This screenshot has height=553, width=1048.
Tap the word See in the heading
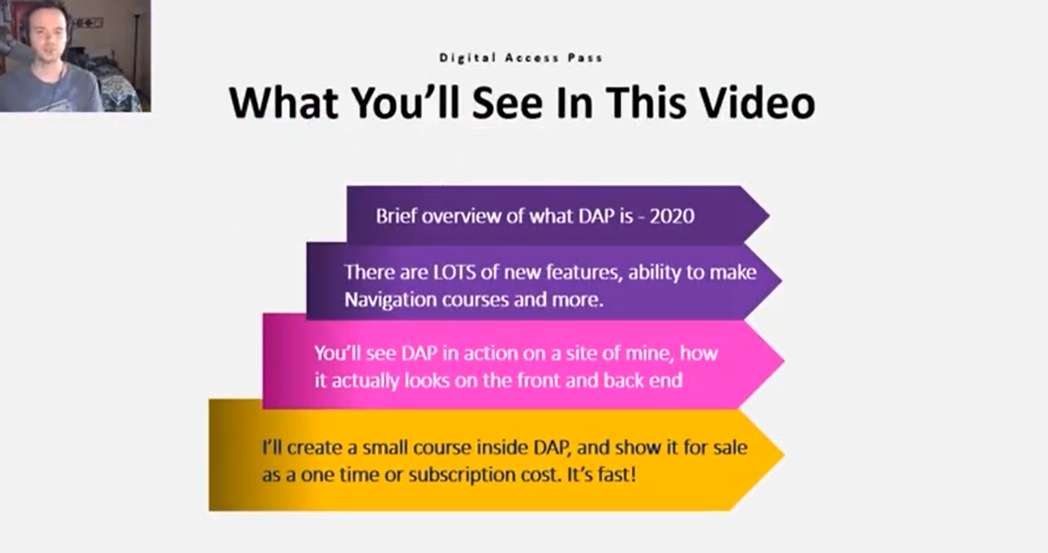[508, 102]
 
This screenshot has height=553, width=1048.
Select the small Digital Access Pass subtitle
[520, 57]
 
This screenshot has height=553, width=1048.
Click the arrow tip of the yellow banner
[784, 454]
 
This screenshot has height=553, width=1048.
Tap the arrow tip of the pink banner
[784, 360]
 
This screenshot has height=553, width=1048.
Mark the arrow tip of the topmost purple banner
[769, 215]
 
